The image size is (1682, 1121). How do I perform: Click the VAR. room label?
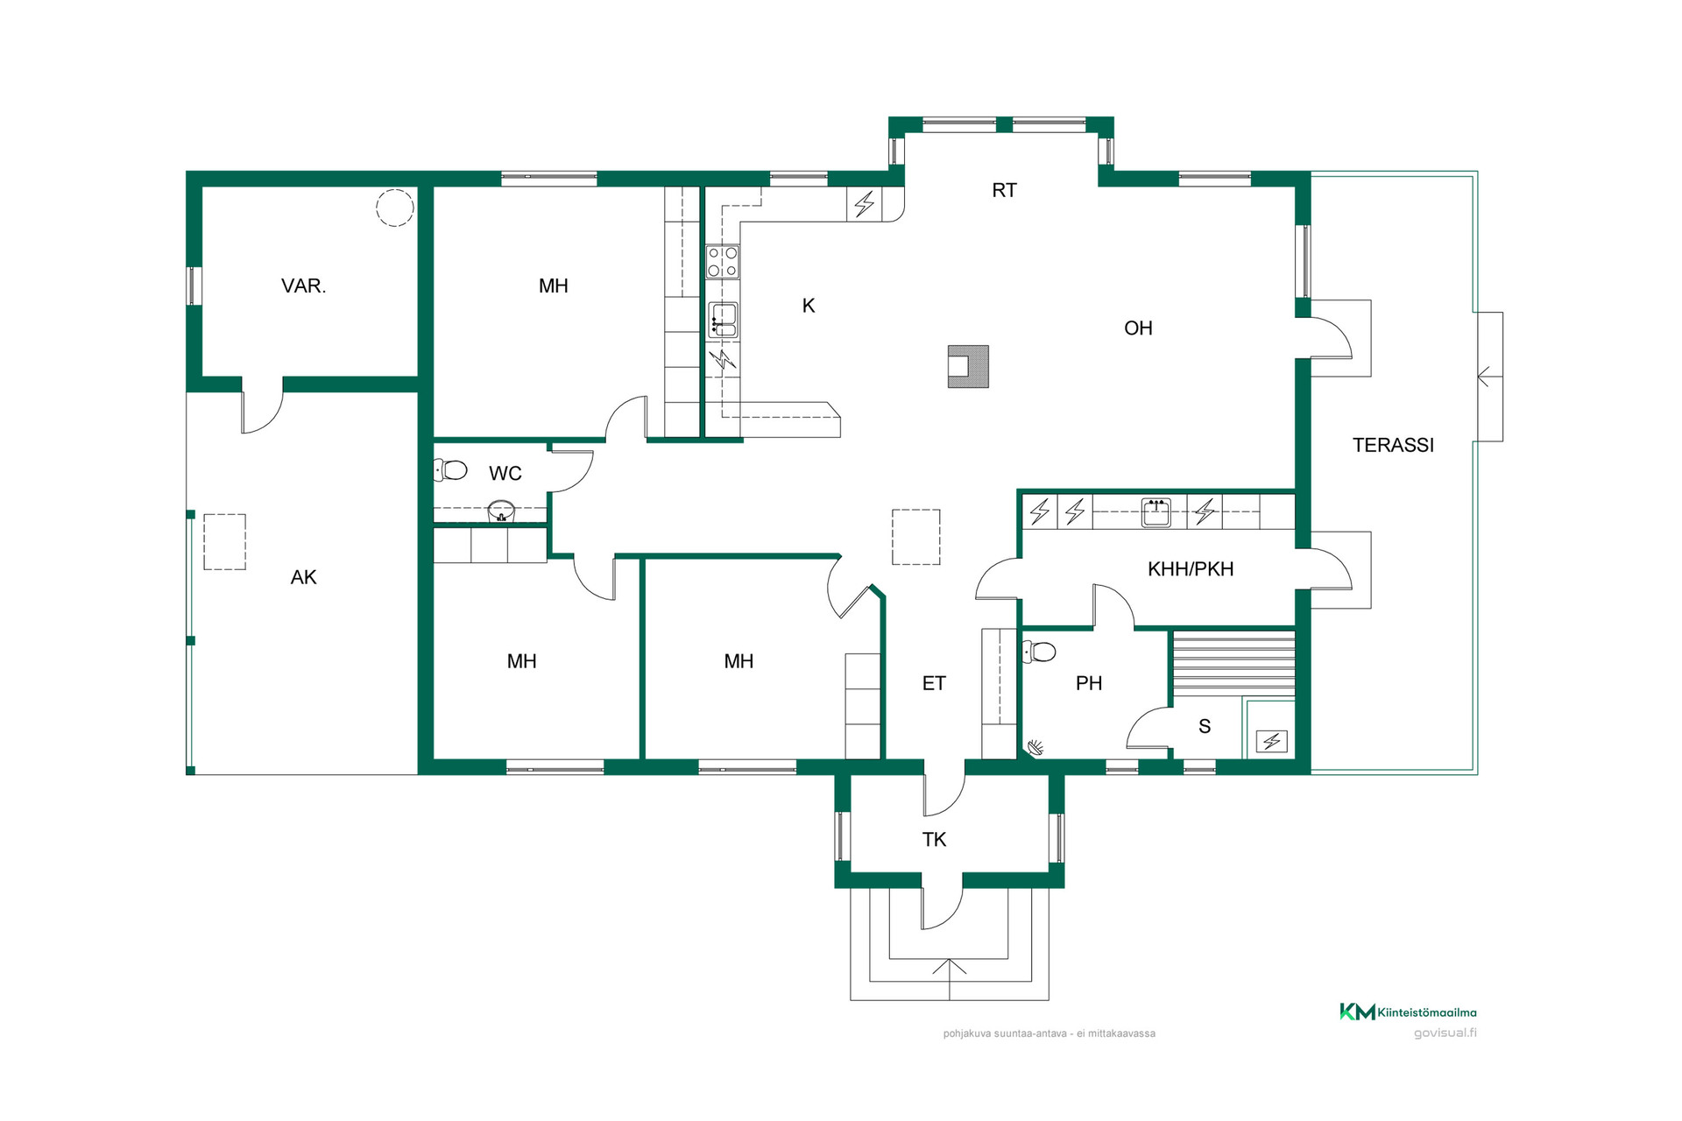pos(303,286)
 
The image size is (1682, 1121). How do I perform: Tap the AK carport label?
pos(303,577)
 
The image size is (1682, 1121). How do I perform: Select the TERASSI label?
pos(1393,445)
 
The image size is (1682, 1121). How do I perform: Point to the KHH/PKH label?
pos(1191,569)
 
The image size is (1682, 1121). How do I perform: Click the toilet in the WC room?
pos(450,470)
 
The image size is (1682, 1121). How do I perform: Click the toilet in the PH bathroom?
pos(1039,652)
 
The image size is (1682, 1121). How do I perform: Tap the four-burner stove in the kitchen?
pos(723,261)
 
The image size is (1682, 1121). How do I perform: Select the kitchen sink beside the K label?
pos(723,321)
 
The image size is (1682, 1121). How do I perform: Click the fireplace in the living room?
pos(968,366)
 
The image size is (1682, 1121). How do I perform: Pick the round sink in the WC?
pos(501,510)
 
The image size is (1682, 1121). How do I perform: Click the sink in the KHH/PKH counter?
pos(1156,512)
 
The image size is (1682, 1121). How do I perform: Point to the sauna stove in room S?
pos(1271,742)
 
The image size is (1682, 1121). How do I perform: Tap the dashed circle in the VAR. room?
pos(395,208)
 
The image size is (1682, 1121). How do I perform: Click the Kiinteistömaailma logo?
pos(1408,1012)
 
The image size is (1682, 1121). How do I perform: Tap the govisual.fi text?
pos(1445,1033)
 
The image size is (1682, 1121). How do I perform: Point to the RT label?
pos(1004,190)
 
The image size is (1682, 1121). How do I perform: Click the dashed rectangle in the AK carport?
pos(225,542)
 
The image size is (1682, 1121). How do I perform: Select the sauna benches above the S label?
pos(1233,663)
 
